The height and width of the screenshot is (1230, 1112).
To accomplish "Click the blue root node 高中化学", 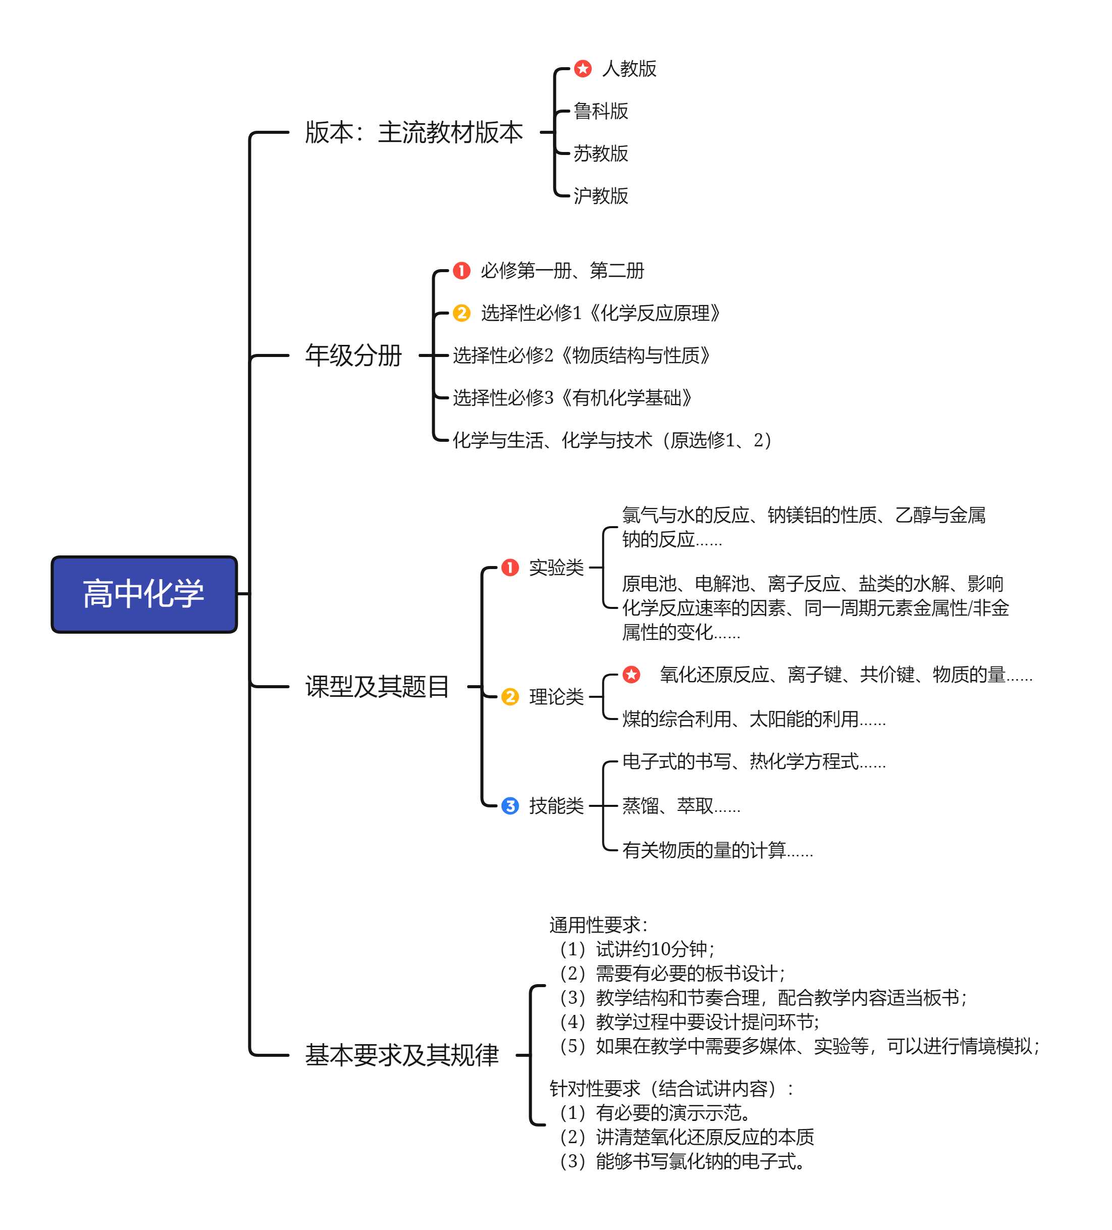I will point(144,594).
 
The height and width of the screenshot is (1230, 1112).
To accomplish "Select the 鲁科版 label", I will point(600,111).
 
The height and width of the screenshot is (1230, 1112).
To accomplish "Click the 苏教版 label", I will point(600,153).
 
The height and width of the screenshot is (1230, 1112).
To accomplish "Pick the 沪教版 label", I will point(600,196).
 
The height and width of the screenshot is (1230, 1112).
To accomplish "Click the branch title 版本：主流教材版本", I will point(414,132).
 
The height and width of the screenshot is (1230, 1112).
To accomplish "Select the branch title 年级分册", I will point(353,355).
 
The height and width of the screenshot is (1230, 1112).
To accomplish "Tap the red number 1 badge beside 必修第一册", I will point(462,270).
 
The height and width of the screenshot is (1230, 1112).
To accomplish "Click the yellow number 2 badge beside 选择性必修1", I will point(462,313).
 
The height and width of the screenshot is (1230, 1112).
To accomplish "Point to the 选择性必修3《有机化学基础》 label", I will point(573,398).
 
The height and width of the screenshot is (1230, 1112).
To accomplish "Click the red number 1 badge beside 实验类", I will point(510,568).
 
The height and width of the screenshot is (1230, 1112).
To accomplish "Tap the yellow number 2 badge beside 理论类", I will point(510,697).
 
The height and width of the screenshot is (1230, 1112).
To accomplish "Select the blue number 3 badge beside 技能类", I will point(510,806).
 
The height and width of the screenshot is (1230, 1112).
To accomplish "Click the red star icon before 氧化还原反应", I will point(632,675).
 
